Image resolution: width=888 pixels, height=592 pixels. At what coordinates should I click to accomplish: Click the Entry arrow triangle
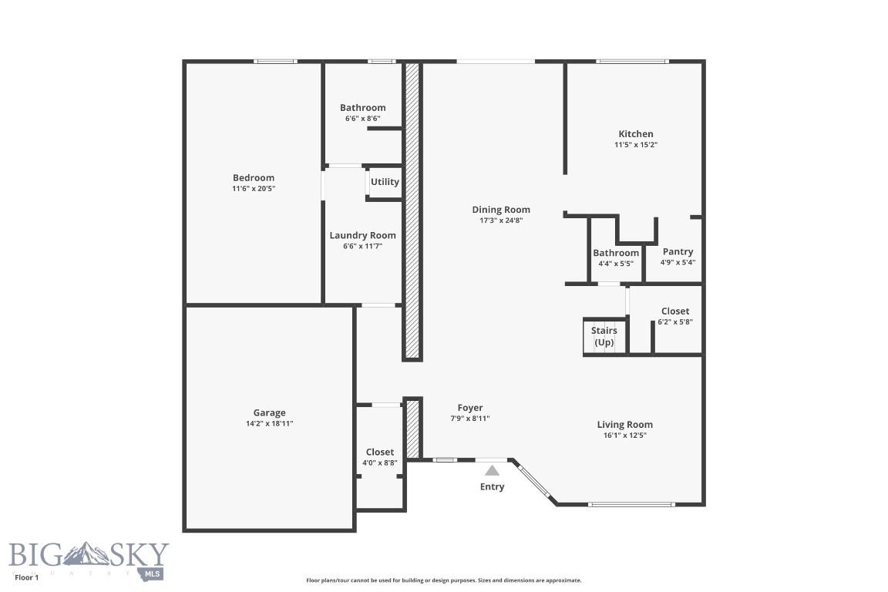(492, 469)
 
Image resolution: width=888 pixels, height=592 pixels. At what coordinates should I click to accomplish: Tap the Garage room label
(269, 413)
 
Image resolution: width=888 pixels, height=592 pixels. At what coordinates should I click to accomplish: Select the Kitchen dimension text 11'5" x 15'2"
(635, 144)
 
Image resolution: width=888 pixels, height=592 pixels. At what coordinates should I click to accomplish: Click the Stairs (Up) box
(604, 336)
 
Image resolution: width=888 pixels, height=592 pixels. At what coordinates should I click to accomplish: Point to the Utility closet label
(385, 182)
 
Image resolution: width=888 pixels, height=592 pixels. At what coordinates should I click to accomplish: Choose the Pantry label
(678, 251)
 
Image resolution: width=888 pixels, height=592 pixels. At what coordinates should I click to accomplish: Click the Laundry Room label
(362, 236)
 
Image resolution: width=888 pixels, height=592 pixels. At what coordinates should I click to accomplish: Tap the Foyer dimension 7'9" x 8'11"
(470, 419)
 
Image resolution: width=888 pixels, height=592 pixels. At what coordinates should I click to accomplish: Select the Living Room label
(624, 425)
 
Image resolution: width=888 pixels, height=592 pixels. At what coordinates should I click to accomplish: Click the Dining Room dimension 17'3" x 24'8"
(501, 220)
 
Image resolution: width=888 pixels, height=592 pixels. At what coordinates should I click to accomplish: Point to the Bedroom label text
(254, 178)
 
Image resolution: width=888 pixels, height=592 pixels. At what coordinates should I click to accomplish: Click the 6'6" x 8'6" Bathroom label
(362, 108)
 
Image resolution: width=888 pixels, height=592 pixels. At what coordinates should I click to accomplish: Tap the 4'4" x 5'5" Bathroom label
(615, 253)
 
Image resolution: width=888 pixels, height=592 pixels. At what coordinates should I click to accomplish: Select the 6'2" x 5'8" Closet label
(674, 311)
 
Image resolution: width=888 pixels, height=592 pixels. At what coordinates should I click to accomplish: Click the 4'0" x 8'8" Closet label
(380, 452)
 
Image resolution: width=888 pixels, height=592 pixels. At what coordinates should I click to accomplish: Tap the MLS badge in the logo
(153, 573)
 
